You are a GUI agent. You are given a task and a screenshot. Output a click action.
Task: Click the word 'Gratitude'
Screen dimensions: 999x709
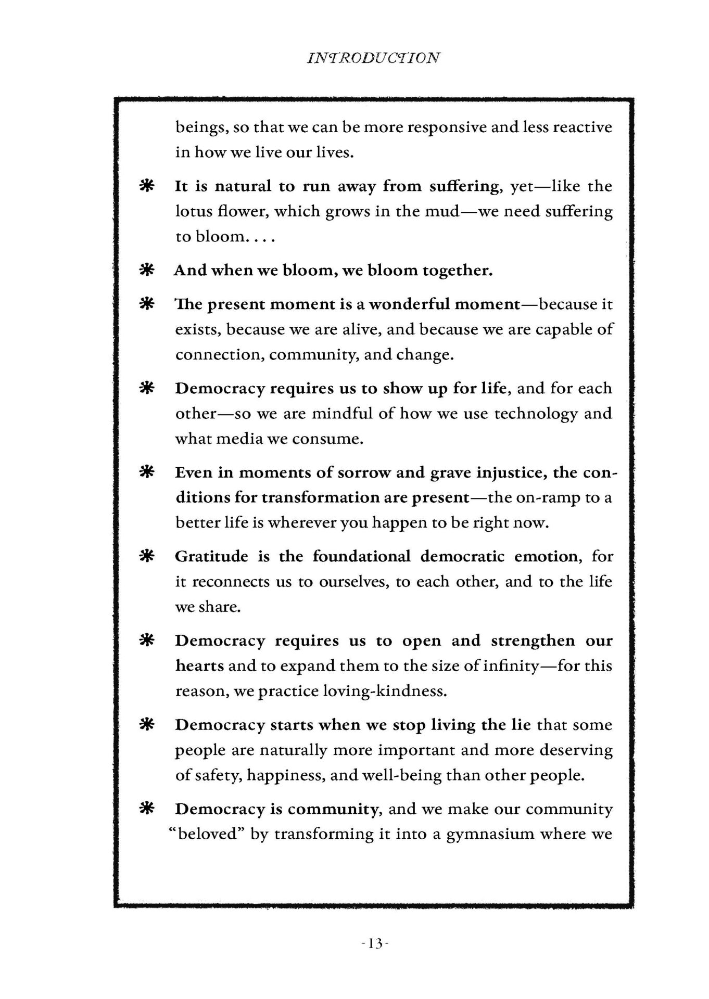(211, 557)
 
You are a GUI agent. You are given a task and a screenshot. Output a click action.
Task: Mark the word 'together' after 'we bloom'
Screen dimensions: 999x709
(457, 271)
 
